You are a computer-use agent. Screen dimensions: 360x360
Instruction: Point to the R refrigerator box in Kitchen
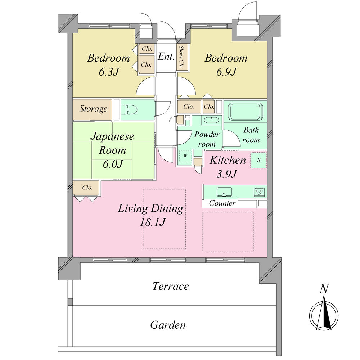click(259, 160)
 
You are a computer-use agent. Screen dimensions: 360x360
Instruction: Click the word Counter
click(222, 203)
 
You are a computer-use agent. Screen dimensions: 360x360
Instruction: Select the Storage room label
click(93, 109)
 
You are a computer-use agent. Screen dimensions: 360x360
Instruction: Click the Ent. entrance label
click(166, 57)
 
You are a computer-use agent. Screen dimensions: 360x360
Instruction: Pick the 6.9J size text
click(226, 72)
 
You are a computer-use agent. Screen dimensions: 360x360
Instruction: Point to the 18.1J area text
click(152, 222)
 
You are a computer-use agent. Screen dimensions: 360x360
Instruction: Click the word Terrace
click(170, 287)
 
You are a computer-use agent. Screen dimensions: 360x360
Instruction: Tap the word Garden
click(168, 325)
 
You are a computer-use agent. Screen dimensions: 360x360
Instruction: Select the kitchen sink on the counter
click(223, 192)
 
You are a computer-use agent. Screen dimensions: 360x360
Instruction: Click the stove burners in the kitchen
click(259, 192)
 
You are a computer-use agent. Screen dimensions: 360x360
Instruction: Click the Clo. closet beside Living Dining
click(87, 188)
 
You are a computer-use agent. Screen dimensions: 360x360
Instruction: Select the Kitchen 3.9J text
click(228, 167)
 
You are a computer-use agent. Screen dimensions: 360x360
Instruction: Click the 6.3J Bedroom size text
click(109, 72)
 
